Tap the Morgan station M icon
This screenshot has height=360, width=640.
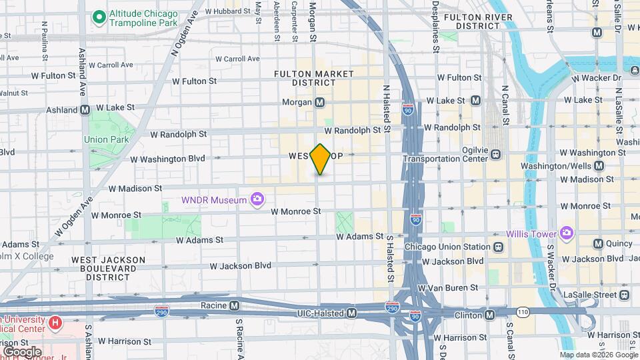(320, 103)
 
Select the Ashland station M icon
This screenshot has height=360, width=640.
(85, 109)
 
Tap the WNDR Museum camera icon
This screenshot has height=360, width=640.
(256, 199)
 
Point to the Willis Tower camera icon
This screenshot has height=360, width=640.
(567, 233)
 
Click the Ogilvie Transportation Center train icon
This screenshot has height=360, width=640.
(496, 154)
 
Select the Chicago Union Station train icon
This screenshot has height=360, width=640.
(498, 247)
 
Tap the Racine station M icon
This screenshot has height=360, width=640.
(235, 306)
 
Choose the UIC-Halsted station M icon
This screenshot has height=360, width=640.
(351, 313)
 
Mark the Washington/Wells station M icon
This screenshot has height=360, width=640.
(598, 165)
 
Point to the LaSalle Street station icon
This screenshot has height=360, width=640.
(624, 294)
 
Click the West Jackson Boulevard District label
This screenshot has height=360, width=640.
(108, 268)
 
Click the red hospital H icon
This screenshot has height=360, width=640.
(55, 323)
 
